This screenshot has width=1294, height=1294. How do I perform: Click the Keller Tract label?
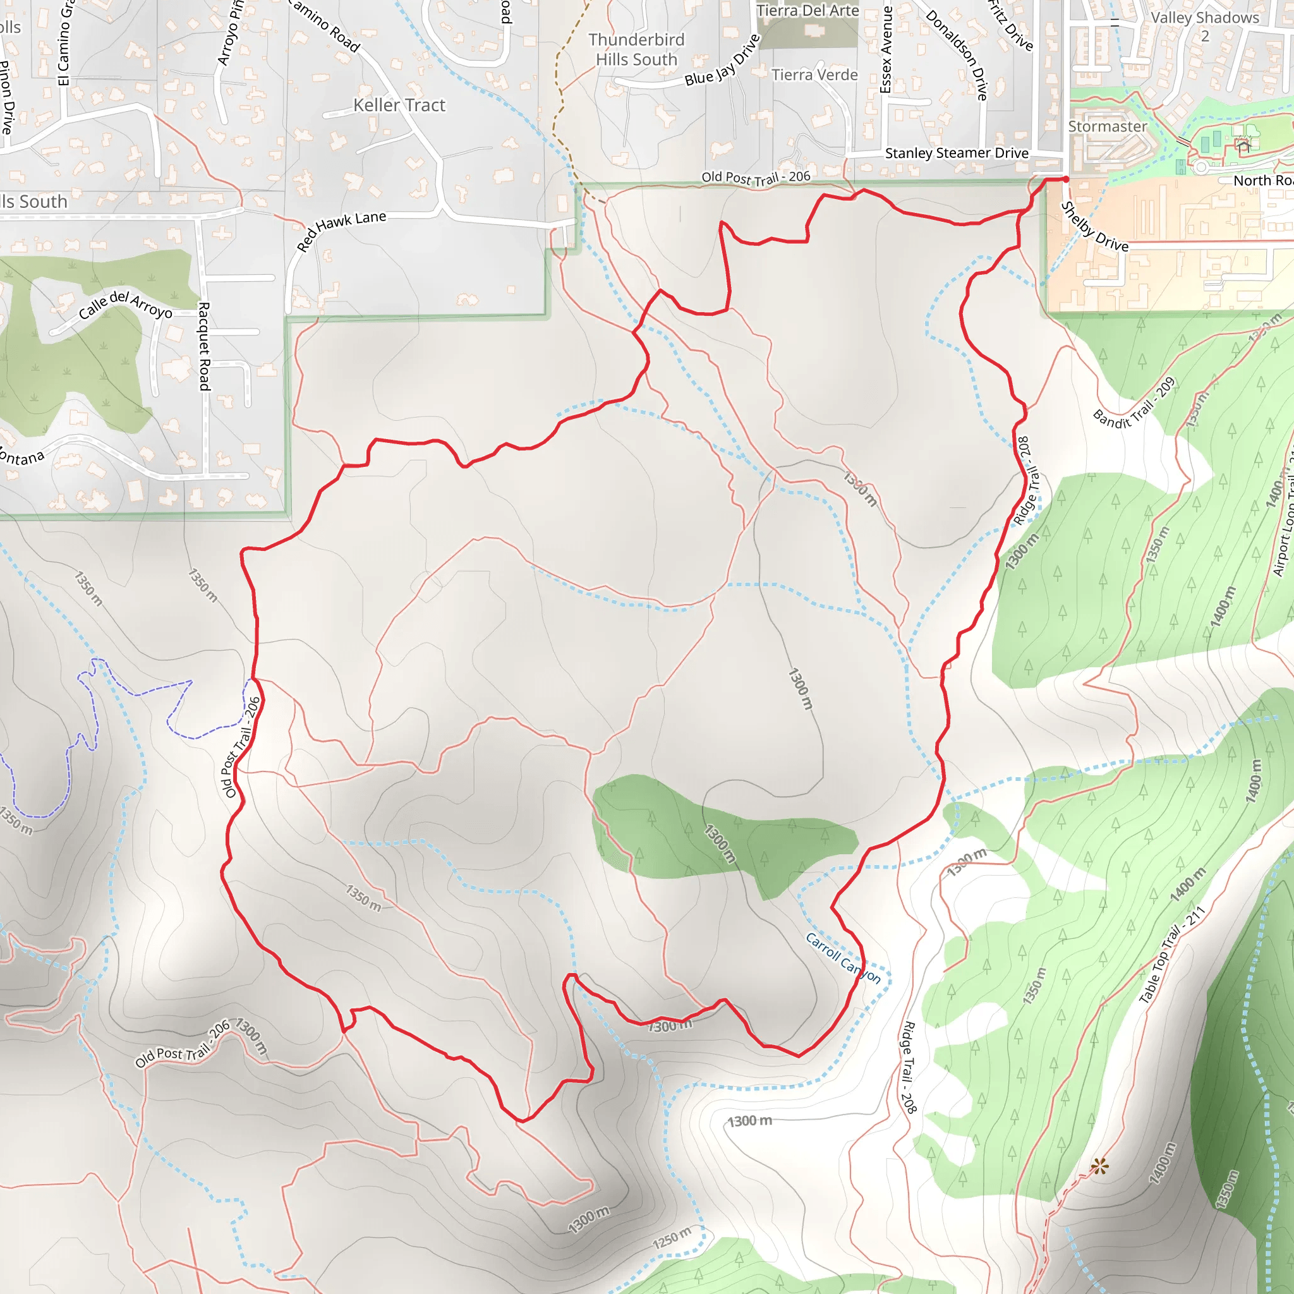[399, 105]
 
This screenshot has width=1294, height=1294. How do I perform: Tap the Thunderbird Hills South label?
[636, 49]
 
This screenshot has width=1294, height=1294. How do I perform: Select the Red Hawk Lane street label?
[342, 231]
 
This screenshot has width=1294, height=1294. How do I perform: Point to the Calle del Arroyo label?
[125, 305]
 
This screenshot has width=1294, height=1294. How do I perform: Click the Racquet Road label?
[204, 346]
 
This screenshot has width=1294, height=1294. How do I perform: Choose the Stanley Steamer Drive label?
[957, 154]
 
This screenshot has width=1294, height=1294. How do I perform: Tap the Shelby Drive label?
[1095, 227]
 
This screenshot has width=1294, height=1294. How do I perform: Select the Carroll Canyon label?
[843, 958]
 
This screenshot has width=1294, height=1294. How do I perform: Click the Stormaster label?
[1107, 126]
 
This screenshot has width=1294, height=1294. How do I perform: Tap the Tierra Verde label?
[814, 75]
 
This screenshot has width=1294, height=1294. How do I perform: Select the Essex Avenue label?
[886, 49]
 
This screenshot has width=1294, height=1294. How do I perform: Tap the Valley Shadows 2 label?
[1204, 26]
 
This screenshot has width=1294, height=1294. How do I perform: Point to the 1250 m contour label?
[672, 1238]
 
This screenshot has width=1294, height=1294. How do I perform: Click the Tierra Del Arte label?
[807, 11]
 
